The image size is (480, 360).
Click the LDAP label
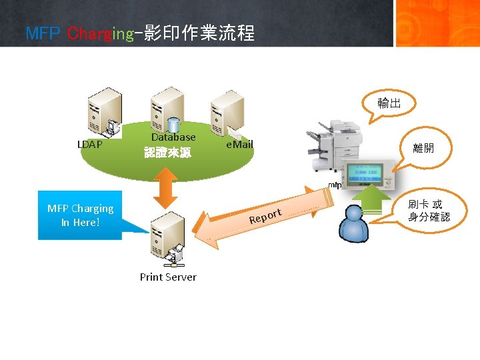pyautogui.click(x=90, y=144)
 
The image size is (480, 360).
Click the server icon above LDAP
pyautogui.click(x=106, y=114)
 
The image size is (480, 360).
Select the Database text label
pyautogui.click(x=173, y=137)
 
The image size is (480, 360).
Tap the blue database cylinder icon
pyautogui.click(x=175, y=125)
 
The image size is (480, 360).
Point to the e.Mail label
pyautogui.click(x=239, y=144)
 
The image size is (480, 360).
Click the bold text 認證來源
pyautogui.click(x=168, y=153)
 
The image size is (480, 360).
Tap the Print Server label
pyautogui.click(x=168, y=277)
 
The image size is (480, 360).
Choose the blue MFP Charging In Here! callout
pyautogui.click(x=81, y=215)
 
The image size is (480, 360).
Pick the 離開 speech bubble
pyautogui.click(x=423, y=148)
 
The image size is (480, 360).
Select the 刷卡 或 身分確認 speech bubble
pyautogui.click(x=429, y=210)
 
